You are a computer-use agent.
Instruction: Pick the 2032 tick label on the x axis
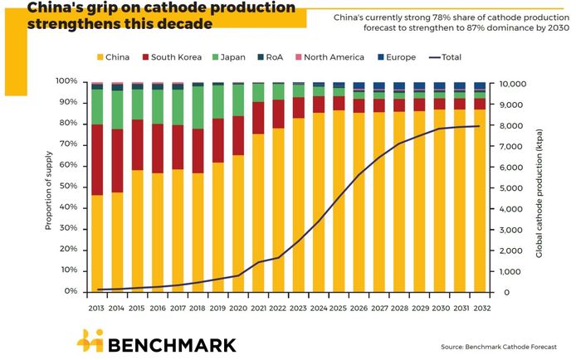tap(480, 307)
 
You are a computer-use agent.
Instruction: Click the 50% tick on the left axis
tap(66, 187)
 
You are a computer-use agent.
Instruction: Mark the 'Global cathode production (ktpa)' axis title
tap(539, 187)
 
